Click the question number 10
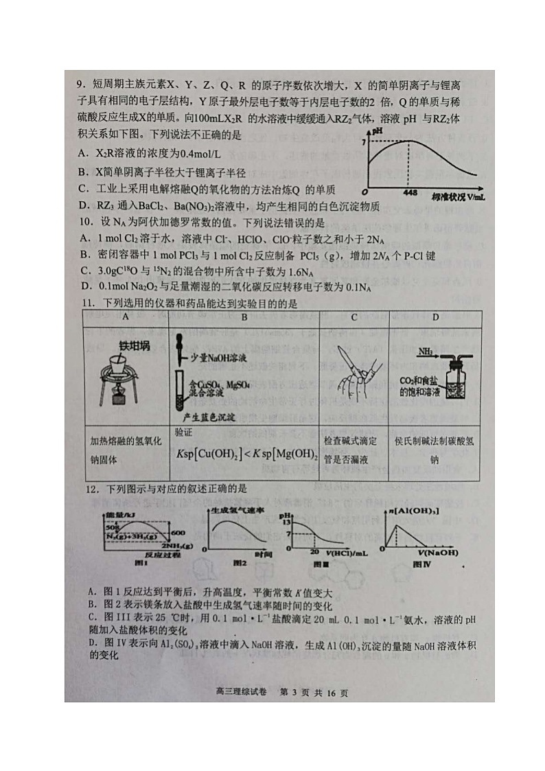coord(83,222)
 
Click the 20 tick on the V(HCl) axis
coord(315,551)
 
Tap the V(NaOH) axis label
coord(437,552)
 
